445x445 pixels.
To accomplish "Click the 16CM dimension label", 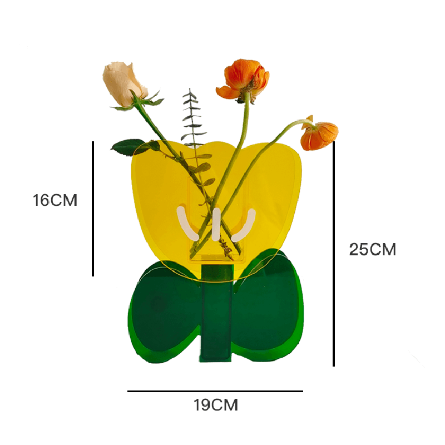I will coord(55,200).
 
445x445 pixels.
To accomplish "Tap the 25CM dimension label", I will coord(372,250).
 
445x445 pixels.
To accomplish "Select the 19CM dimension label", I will coord(216,406).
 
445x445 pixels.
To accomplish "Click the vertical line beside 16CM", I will coord(93,209).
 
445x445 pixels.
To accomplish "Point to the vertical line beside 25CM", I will coord(334,253).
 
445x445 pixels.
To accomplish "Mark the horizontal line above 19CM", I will coord(215,391).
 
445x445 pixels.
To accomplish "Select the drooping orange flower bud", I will coord(320,135).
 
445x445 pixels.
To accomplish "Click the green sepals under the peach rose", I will coord(146,101).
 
